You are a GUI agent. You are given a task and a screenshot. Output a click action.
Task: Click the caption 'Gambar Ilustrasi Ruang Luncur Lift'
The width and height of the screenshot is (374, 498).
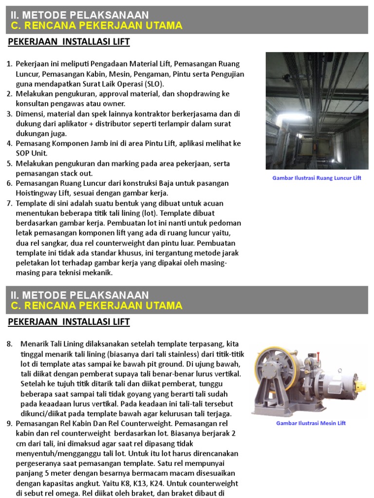317,178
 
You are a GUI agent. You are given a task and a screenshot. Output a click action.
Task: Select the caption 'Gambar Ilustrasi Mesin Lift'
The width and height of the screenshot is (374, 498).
311,423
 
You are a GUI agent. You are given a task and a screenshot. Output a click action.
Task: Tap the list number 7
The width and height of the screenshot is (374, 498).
9,203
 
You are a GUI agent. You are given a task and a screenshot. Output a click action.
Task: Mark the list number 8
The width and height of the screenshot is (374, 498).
9,344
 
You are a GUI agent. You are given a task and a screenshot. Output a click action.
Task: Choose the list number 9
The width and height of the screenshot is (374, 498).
9,424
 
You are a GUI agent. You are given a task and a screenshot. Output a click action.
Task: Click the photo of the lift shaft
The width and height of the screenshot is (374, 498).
317,111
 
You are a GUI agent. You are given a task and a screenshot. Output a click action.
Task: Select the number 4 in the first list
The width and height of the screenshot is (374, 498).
9,143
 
